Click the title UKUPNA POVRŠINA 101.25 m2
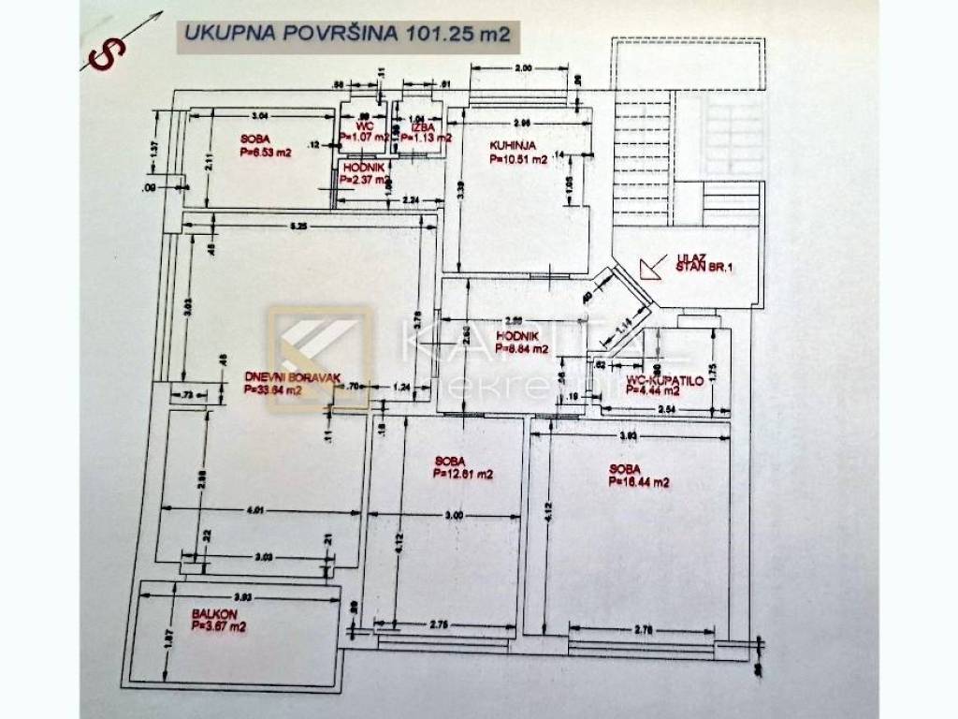pos(346,35)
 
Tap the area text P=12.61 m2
pos(464,475)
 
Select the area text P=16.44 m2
pos(639,483)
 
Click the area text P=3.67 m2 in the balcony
pos(218,626)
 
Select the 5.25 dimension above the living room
pos(298,226)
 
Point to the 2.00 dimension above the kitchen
pos(522,69)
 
